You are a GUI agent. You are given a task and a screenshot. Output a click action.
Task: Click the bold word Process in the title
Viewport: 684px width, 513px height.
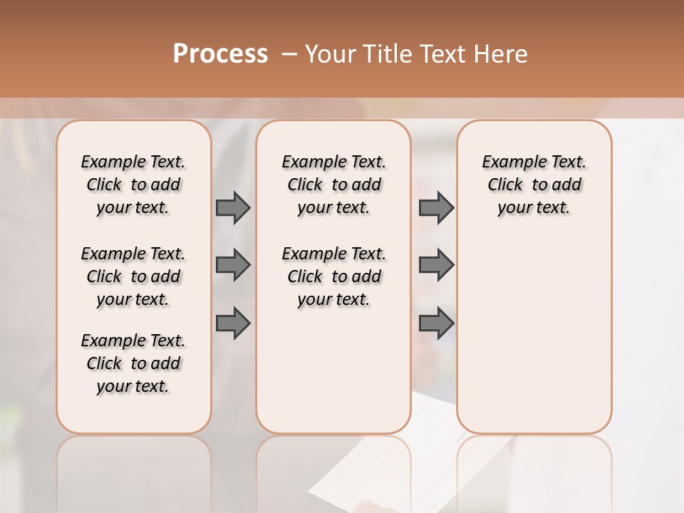point(220,54)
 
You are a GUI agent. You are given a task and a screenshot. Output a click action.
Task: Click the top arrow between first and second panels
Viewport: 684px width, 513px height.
point(233,207)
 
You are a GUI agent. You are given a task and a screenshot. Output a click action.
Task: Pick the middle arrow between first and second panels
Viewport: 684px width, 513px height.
point(233,265)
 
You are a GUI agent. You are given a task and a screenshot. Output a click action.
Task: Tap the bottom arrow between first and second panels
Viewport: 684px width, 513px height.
point(233,323)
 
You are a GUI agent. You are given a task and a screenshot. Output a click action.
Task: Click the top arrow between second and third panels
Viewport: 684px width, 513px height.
point(436,207)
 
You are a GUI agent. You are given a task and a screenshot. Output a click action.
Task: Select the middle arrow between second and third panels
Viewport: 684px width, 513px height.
point(436,265)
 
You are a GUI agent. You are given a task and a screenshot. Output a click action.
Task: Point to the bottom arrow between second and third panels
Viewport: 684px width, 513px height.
point(436,323)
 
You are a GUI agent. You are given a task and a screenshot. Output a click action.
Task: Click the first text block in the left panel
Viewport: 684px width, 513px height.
point(133,185)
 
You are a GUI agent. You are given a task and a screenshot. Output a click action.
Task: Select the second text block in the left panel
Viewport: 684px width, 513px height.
point(133,276)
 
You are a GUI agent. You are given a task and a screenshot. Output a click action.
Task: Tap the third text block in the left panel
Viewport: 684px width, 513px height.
point(133,363)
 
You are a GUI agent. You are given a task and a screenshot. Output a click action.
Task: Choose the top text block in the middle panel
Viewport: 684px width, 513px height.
point(333,185)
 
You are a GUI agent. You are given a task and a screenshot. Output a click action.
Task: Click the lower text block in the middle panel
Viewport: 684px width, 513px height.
point(333,276)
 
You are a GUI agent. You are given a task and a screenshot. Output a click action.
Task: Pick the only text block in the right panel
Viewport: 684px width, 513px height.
point(534,185)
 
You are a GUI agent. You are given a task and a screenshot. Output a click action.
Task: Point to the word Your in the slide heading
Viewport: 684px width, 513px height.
point(331,54)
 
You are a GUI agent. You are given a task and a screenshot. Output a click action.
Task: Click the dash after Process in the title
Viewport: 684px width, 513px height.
point(289,54)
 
